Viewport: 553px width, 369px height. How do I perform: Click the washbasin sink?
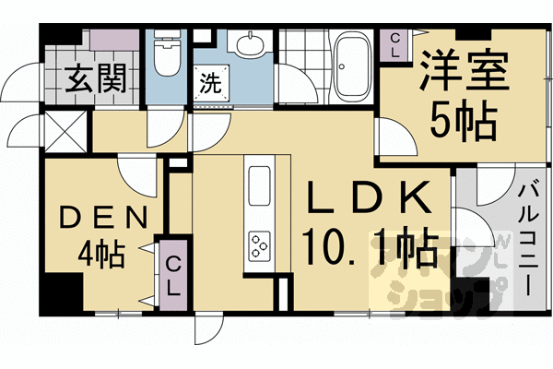click(249, 45)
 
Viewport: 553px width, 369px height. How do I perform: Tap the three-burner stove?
click(258, 246)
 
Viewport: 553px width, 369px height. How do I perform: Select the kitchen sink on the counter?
click(258, 179)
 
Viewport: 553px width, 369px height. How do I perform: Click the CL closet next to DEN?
click(171, 274)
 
